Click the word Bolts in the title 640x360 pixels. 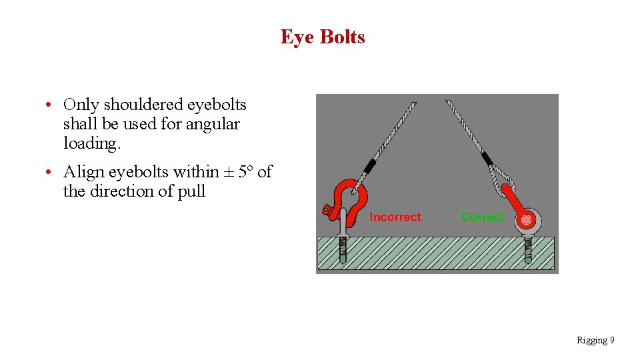pyautogui.click(x=343, y=37)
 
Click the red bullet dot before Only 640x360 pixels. pyautogui.click(x=50, y=105)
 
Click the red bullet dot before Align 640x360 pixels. pyautogui.click(x=50, y=173)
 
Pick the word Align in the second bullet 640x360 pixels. pyautogui.click(x=83, y=172)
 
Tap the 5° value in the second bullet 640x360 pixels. pyautogui.click(x=245, y=172)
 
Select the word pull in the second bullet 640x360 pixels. pyautogui.click(x=191, y=192)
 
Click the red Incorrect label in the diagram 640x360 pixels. pyautogui.click(x=395, y=217)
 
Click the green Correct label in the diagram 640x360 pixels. pyautogui.click(x=483, y=217)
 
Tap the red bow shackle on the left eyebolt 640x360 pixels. pyautogui.click(x=350, y=200)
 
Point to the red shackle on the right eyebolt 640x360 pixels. pyautogui.click(x=513, y=203)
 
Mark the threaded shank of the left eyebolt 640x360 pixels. pyautogui.click(x=342, y=251)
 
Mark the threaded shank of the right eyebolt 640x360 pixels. pyautogui.click(x=527, y=249)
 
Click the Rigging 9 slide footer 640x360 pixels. pyautogui.click(x=595, y=341)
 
